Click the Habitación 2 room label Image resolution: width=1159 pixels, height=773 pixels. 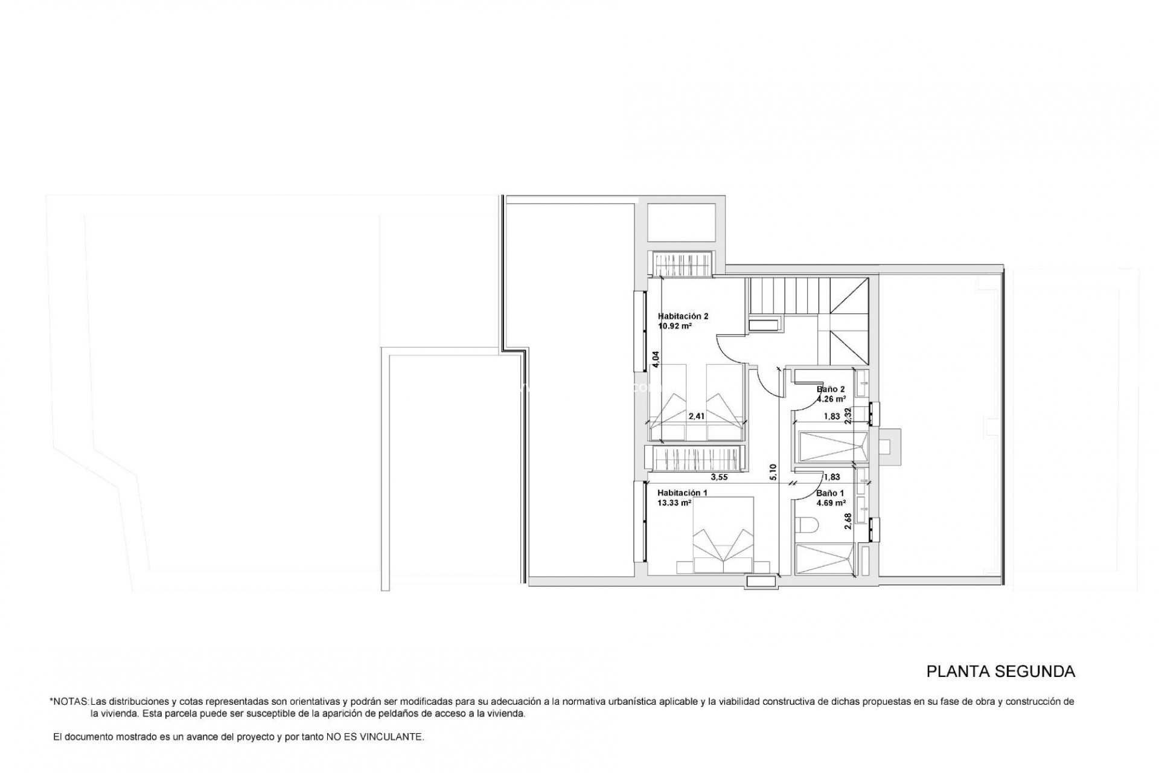[682, 316]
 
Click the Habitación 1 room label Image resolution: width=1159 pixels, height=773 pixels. [682, 492]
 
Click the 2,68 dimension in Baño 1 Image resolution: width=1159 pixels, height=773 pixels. [848, 521]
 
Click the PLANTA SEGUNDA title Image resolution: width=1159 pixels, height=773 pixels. [1001, 672]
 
